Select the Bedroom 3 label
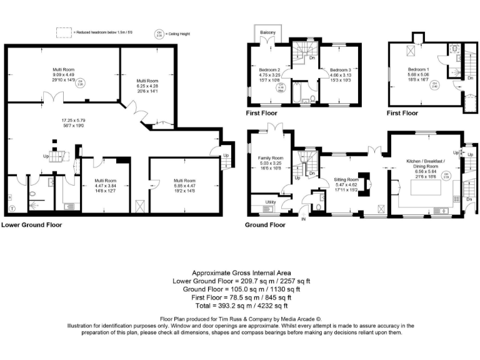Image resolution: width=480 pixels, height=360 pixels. (341, 70)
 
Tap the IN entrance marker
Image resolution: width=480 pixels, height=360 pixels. (304, 219)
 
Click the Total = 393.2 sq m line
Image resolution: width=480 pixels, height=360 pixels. (240, 306)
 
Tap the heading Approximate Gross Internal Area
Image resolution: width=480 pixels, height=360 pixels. (240, 273)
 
